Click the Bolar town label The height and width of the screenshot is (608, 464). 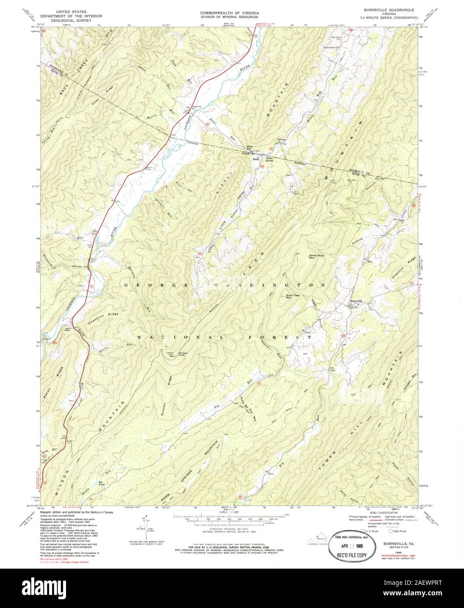pos(256,159)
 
